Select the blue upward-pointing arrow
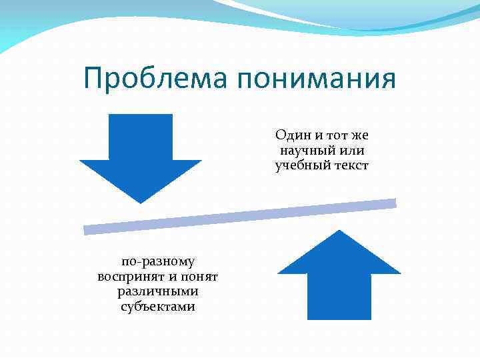pyautogui.click(x=339, y=273)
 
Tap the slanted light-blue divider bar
pyautogui.click(x=240, y=217)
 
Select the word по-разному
pyautogui.click(x=158, y=261)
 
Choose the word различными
pyautogui.click(x=158, y=291)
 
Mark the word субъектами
pyautogui.click(x=158, y=307)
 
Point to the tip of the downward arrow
pyautogui.click(x=141, y=202)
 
